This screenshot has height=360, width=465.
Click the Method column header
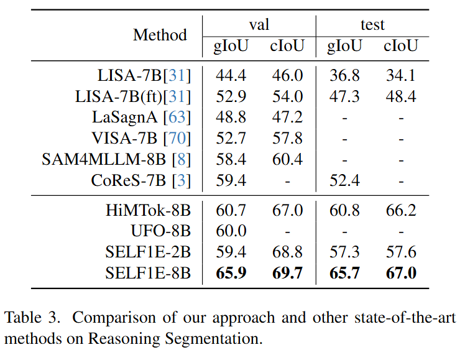click(x=160, y=35)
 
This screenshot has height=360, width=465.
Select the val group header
click(x=259, y=24)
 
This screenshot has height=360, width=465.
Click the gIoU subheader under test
click(x=344, y=46)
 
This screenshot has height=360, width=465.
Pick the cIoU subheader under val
click(x=287, y=46)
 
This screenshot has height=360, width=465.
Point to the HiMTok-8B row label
click(x=148, y=210)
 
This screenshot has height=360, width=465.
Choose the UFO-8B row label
click(x=160, y=231)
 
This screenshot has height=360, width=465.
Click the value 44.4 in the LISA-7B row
click(x=231, y=75)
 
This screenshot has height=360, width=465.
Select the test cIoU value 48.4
click(x=400, y=96)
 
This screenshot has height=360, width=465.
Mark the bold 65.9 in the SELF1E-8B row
click(x=231, y=273)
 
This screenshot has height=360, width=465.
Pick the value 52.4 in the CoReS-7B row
click(x=344, y=180)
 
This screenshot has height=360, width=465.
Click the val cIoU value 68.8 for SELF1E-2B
click(x=287, y=252)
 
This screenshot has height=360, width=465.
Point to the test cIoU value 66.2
click(x=400, y=210)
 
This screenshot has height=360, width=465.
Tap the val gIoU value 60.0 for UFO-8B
click(x=231, y=231)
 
